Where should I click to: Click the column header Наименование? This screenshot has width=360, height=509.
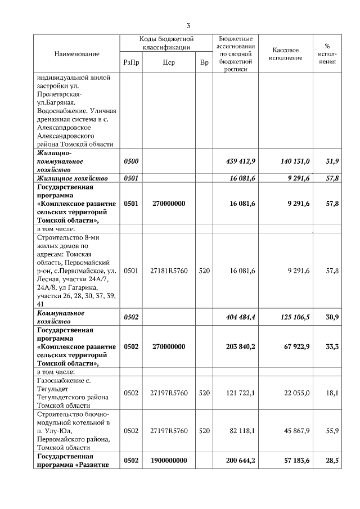[76, 53]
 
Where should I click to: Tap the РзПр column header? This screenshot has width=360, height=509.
[131, 62]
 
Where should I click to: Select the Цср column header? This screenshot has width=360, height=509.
[168, 62]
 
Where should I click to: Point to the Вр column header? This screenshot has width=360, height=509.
[204, 62]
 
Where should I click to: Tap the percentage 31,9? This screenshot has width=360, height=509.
[332, 161]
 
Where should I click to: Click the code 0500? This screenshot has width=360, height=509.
[131, 161]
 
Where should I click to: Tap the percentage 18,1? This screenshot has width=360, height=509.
[332, 393]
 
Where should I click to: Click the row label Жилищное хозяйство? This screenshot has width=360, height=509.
[72, 178]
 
